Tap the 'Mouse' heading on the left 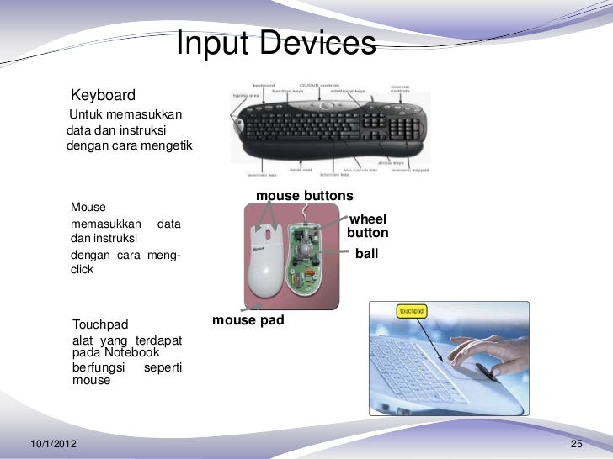[x=88, y=207]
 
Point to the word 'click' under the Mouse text [x=83, y=271]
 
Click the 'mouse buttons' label [x=304, y=196]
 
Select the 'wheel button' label [x=368, y=225]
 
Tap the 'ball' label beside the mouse [x=367, y=251]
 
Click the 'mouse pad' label [x=248, y=320]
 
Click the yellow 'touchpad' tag [x=412, y=310]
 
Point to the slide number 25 [x=577, y=443]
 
